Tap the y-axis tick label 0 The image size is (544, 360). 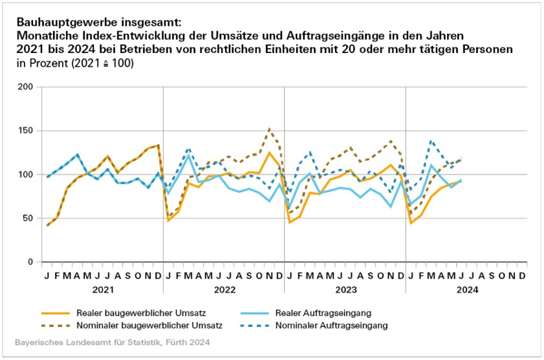(x=29, y=262)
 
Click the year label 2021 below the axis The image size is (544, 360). (x=102, y=290)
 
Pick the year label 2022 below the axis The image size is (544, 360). (x=223, y=290)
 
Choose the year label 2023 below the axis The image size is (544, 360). (x=345, y=290)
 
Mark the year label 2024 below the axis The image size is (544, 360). (x=466, y=290)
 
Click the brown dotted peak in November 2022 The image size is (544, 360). (x=269, y=129)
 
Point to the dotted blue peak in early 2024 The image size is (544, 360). (x=431, y=140)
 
